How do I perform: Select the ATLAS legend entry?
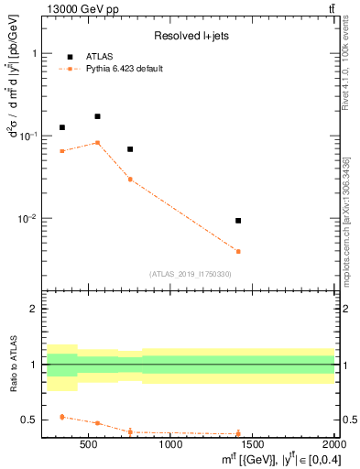click(99, 56)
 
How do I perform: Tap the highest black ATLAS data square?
click(97, 116)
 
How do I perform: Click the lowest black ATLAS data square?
click(238, 221)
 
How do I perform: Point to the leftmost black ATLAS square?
click(62, 127)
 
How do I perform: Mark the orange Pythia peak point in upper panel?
click(97, 143)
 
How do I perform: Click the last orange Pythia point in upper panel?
click(238, 251)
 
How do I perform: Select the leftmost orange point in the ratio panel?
click(62, 417)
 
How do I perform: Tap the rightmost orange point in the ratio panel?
click(238, 433)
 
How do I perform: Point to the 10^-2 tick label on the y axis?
click(30, 218)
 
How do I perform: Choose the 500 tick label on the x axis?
click(89, 445)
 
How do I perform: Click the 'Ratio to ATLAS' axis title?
click(14, 365)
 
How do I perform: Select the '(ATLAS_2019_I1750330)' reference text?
click(190, 274)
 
